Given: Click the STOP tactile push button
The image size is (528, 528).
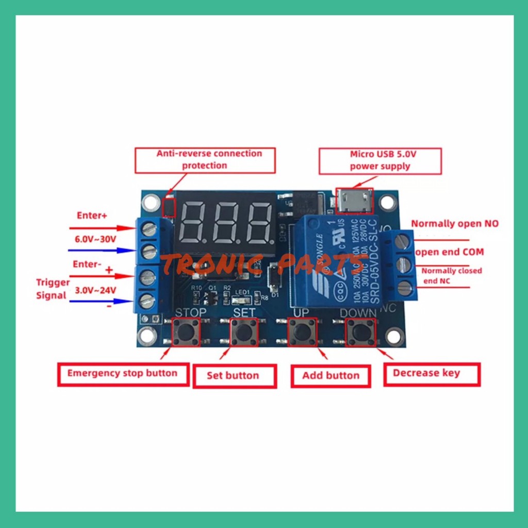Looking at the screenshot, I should pyautogui.click(x=185, y=332).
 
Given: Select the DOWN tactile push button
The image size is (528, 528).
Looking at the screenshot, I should pyautogui.click(x=360, y=332).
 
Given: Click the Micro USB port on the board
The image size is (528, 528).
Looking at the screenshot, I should pyautogui.click(x=354, y=201).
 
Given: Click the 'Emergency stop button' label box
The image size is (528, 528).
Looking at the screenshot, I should pyautogui.click(x=123, y=374).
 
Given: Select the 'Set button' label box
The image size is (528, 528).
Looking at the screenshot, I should pyautogui.click(x=234, y=376).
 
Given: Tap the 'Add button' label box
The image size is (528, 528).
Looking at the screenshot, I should pyautogui.click(x=331, y=376).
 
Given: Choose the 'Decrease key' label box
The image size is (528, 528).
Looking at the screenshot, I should pyautogui.click(x=432, y=374).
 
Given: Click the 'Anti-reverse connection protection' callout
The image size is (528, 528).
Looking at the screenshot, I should pyautogui.click(x=205, y=160).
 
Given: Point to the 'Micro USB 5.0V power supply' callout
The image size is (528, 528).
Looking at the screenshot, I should pyautogui.click(x=380, y=160).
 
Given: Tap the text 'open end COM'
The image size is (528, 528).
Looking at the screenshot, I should pyautogui.click(x=450, y=252).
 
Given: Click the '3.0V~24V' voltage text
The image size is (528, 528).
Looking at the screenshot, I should pyautogui.click(x=96, y=290).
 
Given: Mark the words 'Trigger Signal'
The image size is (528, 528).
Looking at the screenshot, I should pyautogui.click(x=52, y=289).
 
